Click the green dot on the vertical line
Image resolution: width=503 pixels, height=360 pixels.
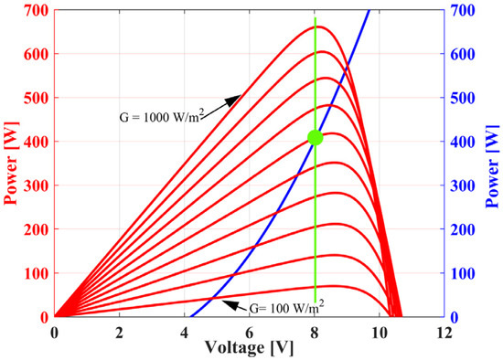pos(316,137)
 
